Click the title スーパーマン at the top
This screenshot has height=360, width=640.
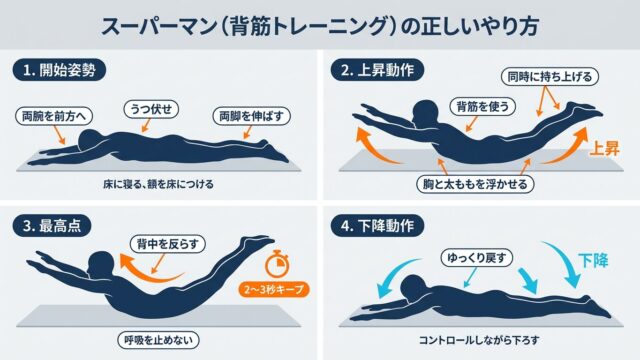[x=159, y=26]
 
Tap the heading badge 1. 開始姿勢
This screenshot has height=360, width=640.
[x=59, y=70]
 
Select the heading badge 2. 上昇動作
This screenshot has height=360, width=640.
[x=377, y=70]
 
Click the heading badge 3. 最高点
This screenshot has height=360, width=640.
[x=51, y=226]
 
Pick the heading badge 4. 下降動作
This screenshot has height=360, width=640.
[x=377, y=226]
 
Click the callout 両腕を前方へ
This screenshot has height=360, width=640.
[x=54, y=116]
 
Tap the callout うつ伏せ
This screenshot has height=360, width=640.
[x=151, y=109]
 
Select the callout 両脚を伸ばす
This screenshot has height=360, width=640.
[x=251, y=116]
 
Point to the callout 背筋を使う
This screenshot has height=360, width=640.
[x=483, y=107]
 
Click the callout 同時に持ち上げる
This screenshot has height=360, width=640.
[x=549, y=76]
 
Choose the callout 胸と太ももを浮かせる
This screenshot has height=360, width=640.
[x=475, y=184]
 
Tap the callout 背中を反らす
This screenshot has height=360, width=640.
[x=168, y=244]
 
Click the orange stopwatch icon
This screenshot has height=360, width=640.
[x=277, y=263]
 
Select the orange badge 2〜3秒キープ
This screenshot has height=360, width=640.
[x=274, y=289]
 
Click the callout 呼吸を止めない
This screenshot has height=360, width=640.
[x=158, y=340]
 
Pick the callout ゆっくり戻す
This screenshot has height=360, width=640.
[x=477, y=258]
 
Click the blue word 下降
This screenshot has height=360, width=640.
[x=593, y=260]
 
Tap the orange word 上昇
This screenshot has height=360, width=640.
[x=604, y=149]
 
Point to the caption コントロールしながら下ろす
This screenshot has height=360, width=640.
[x=479, y=340]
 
